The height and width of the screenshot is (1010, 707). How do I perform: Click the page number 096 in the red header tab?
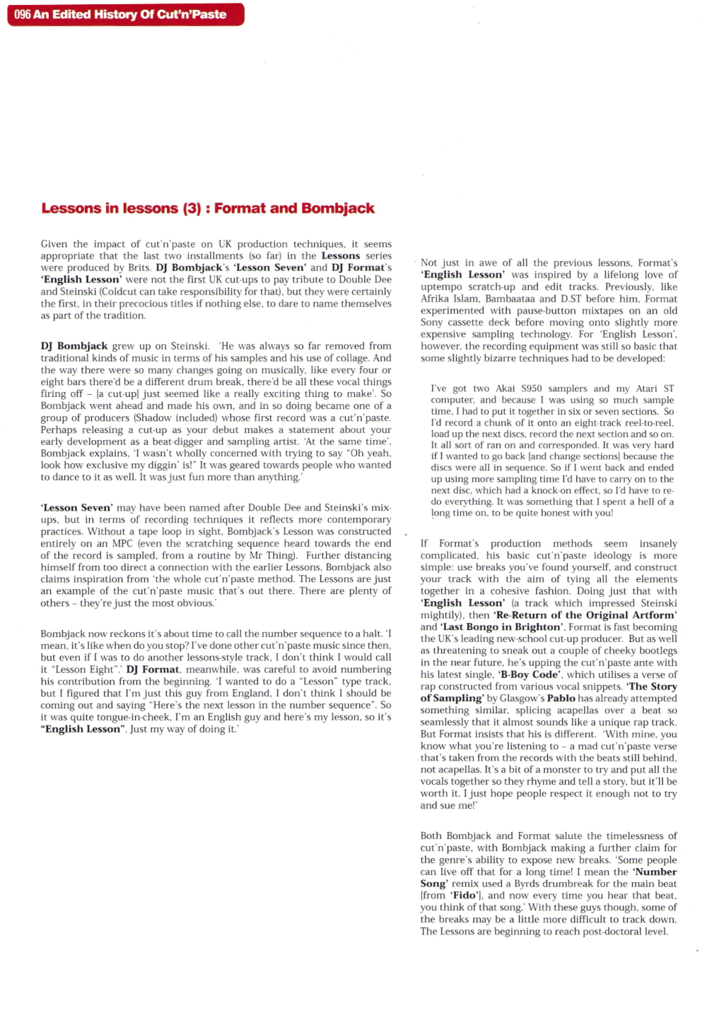tap(23, 14)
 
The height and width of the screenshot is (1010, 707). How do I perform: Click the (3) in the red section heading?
tap(192, 208)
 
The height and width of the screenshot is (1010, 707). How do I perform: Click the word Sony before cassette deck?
tap(432, 322)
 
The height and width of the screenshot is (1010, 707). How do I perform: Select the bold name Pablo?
tap(561, 698)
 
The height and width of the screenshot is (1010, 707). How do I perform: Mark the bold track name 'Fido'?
tap(464, 896)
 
